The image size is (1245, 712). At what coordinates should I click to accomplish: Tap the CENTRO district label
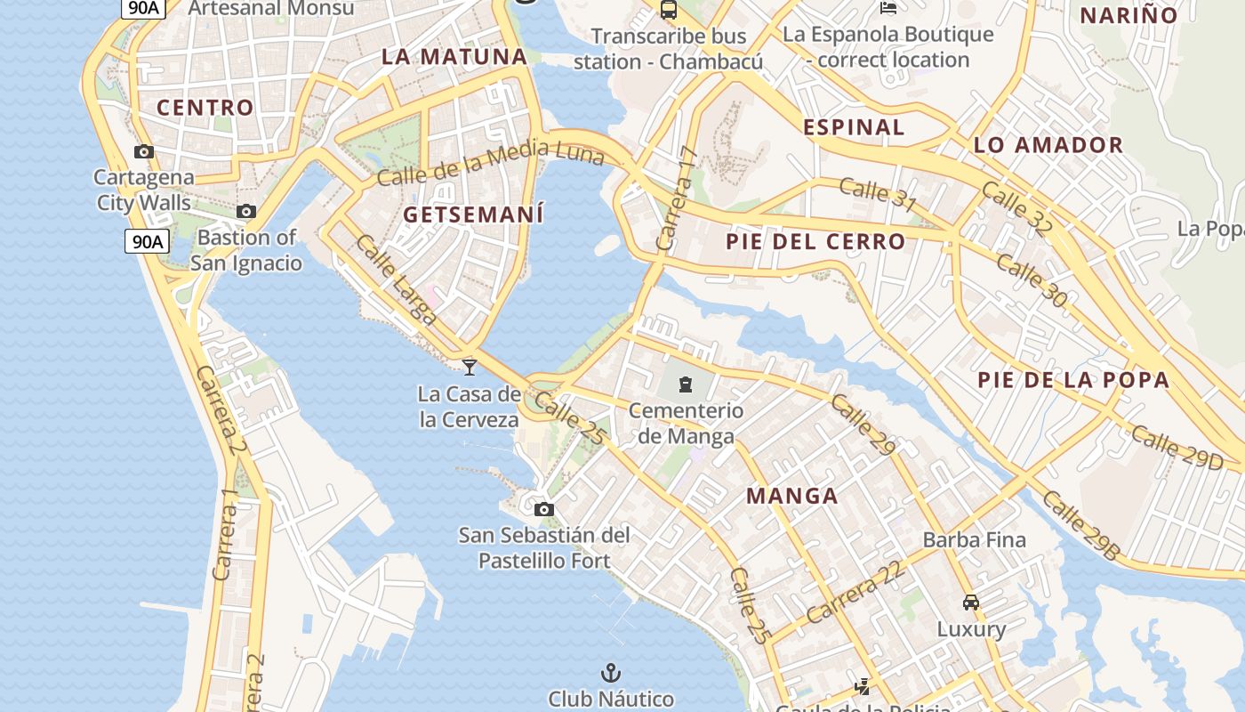coord(205,108)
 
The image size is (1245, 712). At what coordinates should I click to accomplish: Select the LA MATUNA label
coord(454,56)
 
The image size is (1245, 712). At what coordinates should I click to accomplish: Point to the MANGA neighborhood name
coord(791,496)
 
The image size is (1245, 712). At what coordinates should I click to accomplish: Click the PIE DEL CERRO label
coord(815,241)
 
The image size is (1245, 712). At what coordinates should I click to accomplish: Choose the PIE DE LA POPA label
coord(1073,380)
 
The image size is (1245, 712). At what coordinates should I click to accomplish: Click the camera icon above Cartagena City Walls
coord(144,152)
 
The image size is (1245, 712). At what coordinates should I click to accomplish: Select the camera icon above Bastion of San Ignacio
coord(246,212)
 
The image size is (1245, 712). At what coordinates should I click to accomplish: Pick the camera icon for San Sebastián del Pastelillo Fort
coord(544,509)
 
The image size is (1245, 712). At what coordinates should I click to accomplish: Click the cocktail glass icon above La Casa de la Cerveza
coord(470,367)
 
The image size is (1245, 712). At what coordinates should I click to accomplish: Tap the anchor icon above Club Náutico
coord(610,673)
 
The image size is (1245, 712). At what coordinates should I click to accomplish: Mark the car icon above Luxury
coord(971,602)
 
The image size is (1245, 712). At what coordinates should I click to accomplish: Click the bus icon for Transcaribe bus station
coord(669,11)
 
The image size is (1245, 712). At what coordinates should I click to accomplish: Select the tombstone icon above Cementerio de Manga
coord(686,384)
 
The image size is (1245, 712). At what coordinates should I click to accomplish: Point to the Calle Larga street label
coord(396,279)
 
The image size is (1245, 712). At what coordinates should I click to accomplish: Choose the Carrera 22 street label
coord(855,592)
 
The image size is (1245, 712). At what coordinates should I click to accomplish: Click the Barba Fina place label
coord(974,539)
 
